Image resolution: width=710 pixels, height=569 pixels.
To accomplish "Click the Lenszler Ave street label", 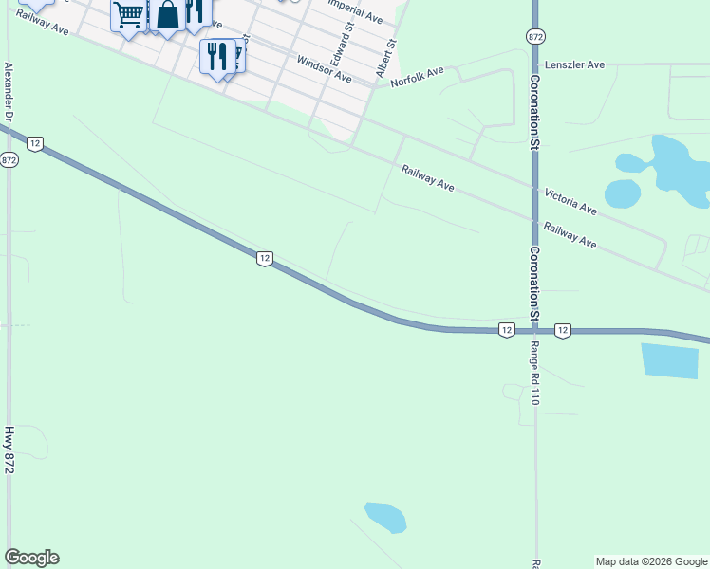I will pos(574,65).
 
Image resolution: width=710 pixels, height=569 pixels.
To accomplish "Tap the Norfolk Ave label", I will pos(418,78).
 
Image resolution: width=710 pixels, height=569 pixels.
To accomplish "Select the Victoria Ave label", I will pos(570,200).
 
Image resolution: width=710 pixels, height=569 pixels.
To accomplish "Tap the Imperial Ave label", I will pos(352,12).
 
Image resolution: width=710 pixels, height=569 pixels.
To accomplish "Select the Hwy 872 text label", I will pos(9,450).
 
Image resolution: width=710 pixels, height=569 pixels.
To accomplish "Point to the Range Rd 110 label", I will pos(534,373).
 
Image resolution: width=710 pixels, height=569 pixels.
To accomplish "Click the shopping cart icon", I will pos(128,15).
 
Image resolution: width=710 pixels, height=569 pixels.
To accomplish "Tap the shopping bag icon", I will pos(167,15).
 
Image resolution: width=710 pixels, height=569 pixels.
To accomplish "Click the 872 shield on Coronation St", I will pos(534,35).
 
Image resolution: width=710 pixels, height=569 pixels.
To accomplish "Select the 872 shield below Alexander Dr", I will pos(9,159).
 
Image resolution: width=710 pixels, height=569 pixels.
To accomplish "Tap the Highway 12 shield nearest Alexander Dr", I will pos(34,143).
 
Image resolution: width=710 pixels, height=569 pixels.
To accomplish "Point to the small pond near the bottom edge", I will pos(385,517).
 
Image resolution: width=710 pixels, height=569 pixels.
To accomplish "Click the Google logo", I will pos(31,558).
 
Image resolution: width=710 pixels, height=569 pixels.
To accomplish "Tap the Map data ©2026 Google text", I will pos(651,561).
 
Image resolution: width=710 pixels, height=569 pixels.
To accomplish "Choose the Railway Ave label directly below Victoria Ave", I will pos(570,235).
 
